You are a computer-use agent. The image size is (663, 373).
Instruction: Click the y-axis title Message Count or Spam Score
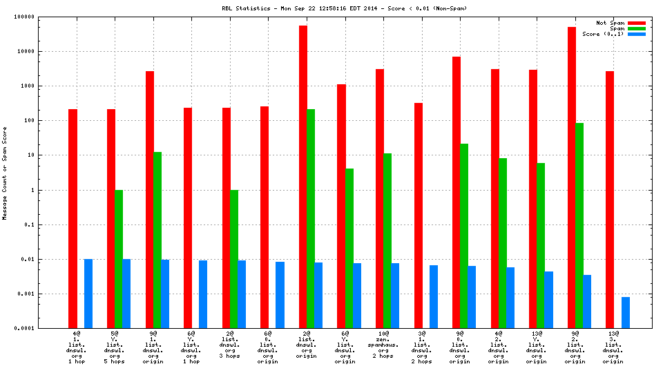click(x=5, y=173)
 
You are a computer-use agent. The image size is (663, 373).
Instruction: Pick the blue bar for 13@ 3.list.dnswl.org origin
click(x=625, y=312)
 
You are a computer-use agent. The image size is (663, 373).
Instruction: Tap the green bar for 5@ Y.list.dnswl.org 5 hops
click(x=119, y=259)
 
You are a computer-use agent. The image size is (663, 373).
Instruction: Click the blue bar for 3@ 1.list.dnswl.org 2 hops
click(x=434, y=296)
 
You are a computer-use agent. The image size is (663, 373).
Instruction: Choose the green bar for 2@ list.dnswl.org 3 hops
click(x=234, y=259)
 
